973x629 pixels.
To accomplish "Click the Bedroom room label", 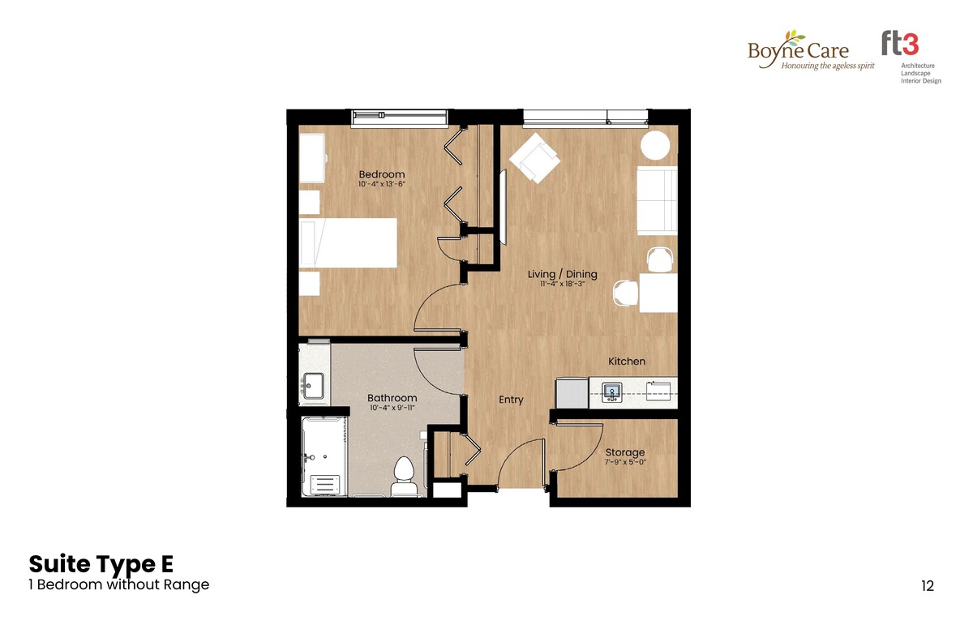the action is pyautogui.click(x=381, y=174).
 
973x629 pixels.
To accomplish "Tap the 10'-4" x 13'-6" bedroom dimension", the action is pyautogui.click(x=381, y=184).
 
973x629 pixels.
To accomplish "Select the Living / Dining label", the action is pyautogui.click(x=562, y=274).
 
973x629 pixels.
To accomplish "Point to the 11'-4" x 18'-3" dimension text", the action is pyautogui.click(x=562, y=284).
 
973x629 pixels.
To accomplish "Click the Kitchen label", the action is pyautogui.click(x=626, y=362).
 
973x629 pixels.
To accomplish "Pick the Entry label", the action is pyautogui.click(x=511, y=400).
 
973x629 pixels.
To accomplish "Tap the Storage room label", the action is pyautogui.click(x=624, y=452).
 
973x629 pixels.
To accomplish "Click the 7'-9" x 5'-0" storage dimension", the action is pyautogui.click(x=625, y=462).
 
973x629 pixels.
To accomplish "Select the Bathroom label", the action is pyautogui.click(x=392, y=398).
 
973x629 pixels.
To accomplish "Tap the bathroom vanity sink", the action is pyautogui.click(x=313, y=386).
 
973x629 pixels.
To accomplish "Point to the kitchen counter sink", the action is pyautogui.click(x=611, y=392).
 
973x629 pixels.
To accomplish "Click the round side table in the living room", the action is pyautogui.click(x=655, y=145).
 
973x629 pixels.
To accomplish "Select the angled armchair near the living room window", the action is pyautogui.click(x=534, y=158).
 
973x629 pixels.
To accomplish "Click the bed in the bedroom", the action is pyautogui.click(x=349, y=242).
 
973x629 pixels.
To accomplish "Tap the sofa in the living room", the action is pyautogui.click(x=657, y=200).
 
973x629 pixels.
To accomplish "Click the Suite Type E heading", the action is pyautogui.click(x=101, y=564).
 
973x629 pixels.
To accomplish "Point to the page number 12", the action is pyautogui.click(x=928, y=586).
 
